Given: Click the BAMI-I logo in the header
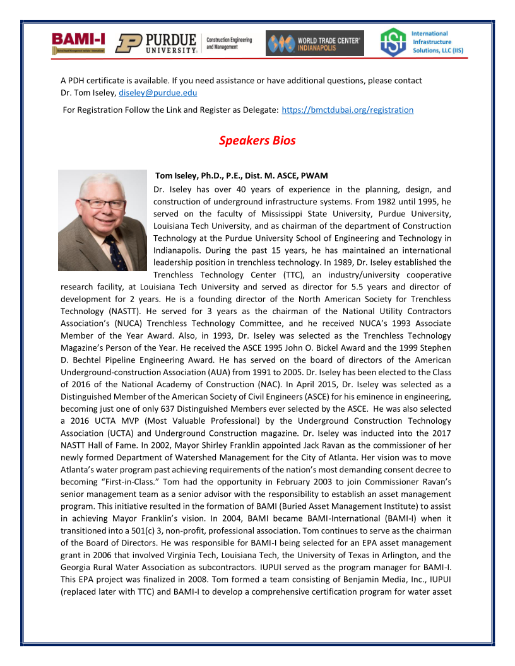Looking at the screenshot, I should click(x=79, y=42).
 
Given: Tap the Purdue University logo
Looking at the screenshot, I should click(x=156, y=43).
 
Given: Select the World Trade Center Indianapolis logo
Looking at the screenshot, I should click(x=314, y=44).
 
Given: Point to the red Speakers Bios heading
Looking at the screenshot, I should click(x=257, y=140).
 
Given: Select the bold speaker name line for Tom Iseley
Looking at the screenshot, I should click(x=241, y=175).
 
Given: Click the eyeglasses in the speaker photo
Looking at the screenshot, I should click(x=102, y=204).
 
